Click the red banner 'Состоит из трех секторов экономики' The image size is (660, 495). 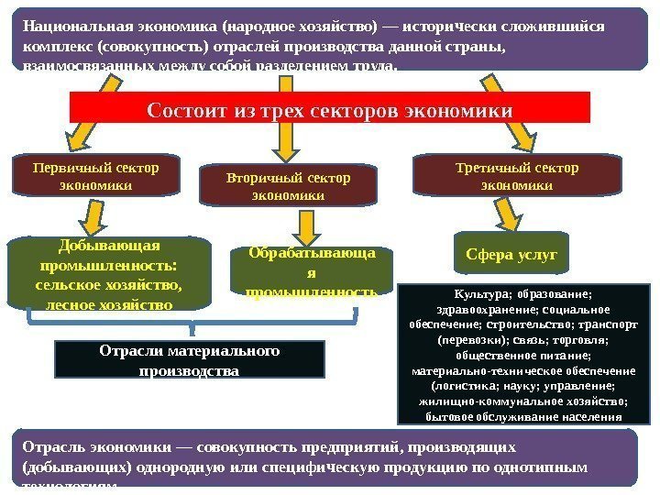(x=329, y=110)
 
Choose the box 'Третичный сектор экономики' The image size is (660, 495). (x=517, y=176)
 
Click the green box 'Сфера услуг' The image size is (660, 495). (x=511, y=254)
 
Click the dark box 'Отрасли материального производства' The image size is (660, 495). (x=189, y=361)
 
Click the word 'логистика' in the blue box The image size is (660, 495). (x=449, y=386)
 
